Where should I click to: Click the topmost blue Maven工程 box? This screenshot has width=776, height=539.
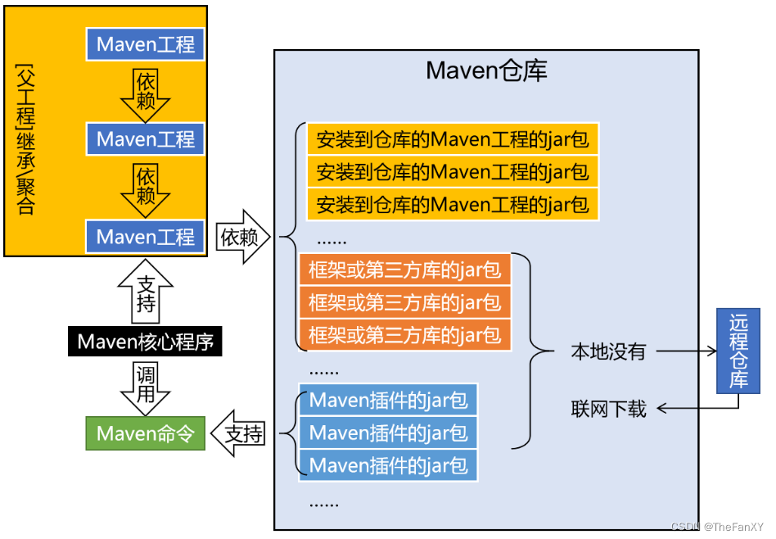click(x=146, y=44)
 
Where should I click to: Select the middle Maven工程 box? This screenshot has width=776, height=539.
click(x=146, y=139)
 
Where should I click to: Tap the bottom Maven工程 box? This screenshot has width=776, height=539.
click(x=146, y=237)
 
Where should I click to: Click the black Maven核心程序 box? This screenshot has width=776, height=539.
click(x=145, y=342)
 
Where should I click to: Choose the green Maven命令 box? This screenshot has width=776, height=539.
click(x=145, y=433)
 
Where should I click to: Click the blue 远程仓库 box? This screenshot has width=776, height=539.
click(x=738, y=350)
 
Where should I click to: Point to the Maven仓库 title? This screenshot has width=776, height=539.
click(x=486, y=71)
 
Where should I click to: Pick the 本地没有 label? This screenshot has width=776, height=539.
click(x=608, y=352)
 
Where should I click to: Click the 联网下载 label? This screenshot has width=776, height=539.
click(x=608, y=408)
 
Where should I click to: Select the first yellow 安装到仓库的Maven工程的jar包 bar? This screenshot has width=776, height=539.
click(x=453, y=140)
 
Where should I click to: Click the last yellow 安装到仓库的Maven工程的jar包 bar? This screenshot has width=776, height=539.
click(x=453, y=203)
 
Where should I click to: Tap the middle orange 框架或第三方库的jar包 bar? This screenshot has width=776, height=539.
click(x=405, y=302)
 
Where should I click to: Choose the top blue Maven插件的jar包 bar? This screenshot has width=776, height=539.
click(x=388, y=401)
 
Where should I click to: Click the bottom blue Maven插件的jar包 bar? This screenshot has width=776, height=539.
click(x=388, y=465)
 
